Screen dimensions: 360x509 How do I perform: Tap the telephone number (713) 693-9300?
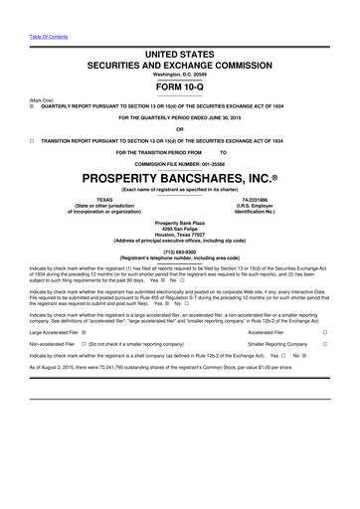pyautogui.click(x=180, y=251)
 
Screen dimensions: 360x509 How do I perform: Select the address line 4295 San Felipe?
pyautogui.click(x=180, y=228)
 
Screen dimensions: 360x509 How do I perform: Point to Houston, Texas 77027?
pyautogui.click(x=180, y=234)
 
